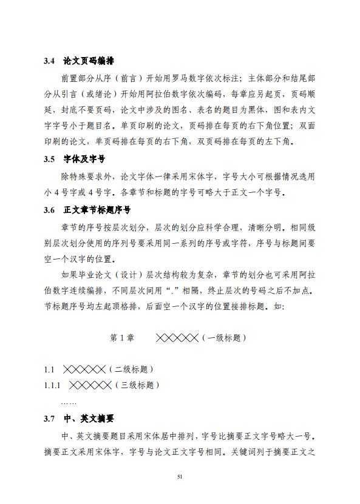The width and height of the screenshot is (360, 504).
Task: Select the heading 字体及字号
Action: tap(84, 160)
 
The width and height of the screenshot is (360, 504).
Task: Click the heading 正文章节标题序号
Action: tap(97, 210)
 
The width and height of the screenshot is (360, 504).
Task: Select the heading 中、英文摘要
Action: tap(89, 419)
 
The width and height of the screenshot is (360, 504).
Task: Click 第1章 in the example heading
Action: tap(122, 338)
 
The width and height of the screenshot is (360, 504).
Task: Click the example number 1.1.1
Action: tap(52, 385)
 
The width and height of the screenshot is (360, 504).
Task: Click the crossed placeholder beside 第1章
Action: tap(177, 338)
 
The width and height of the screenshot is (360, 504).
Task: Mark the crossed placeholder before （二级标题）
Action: tap(84, 369)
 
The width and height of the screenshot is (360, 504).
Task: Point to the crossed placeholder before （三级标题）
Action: tap(90, 385)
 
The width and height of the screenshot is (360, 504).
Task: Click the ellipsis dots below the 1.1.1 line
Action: tap(69, 402)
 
